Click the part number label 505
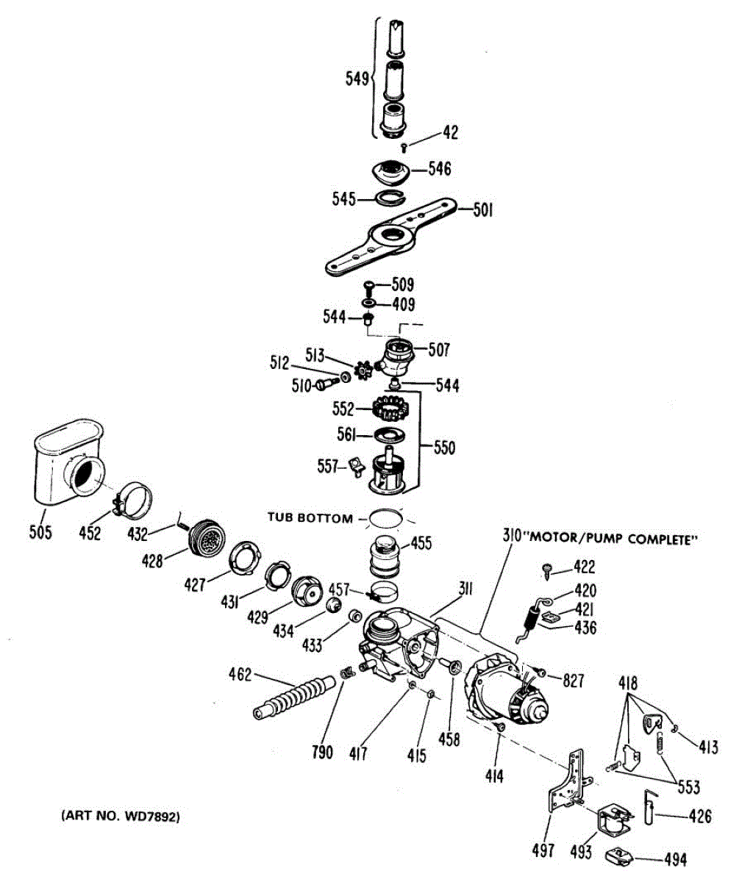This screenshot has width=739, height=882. coord(40,532)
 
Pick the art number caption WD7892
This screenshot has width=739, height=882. coord(121,816)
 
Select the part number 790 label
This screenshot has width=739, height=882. coord(322,750)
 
